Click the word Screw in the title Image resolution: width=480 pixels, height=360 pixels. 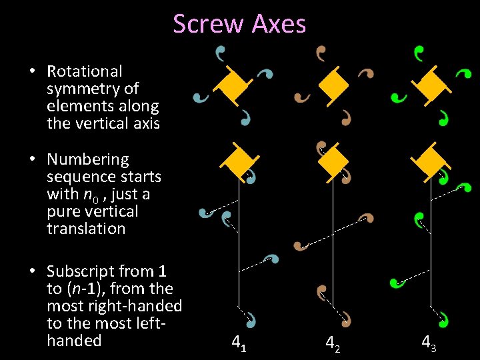(x=209, y=24)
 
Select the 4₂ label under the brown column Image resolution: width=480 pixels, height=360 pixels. (x=331, y=343)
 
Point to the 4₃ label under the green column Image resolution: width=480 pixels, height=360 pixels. (x=429, y=343)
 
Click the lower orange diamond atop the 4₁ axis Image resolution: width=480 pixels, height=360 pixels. (x=236, y=161)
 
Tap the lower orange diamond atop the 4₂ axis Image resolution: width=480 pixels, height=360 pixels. (x=333, y=161)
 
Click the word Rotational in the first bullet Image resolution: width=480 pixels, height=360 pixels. (x=85, y=71)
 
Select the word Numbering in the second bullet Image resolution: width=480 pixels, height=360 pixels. (x=87, y=159)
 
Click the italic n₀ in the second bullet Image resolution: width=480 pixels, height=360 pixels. (x=89, y=195)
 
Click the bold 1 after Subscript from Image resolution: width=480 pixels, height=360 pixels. (x=162, y=271)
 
